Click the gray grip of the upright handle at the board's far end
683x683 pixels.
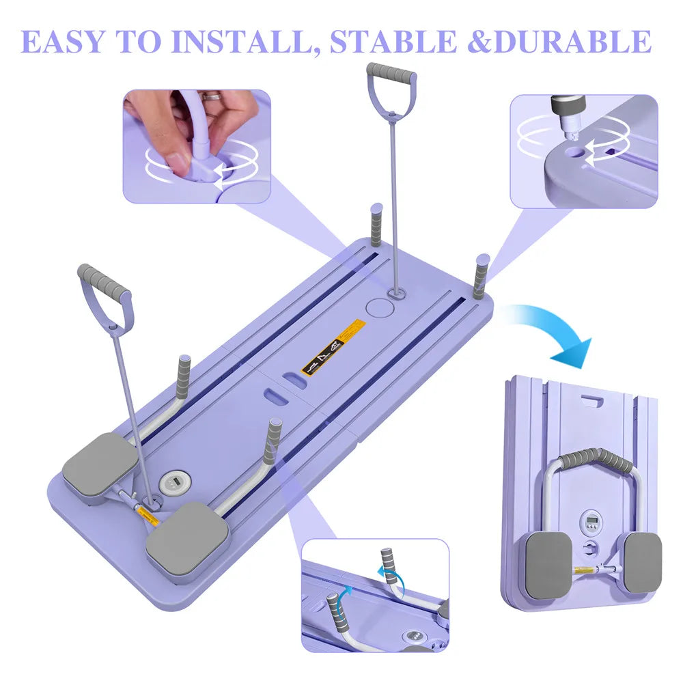pyautogui.click(x=391, y=71)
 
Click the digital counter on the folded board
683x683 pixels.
pyautogui.click(x=591, y=522)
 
